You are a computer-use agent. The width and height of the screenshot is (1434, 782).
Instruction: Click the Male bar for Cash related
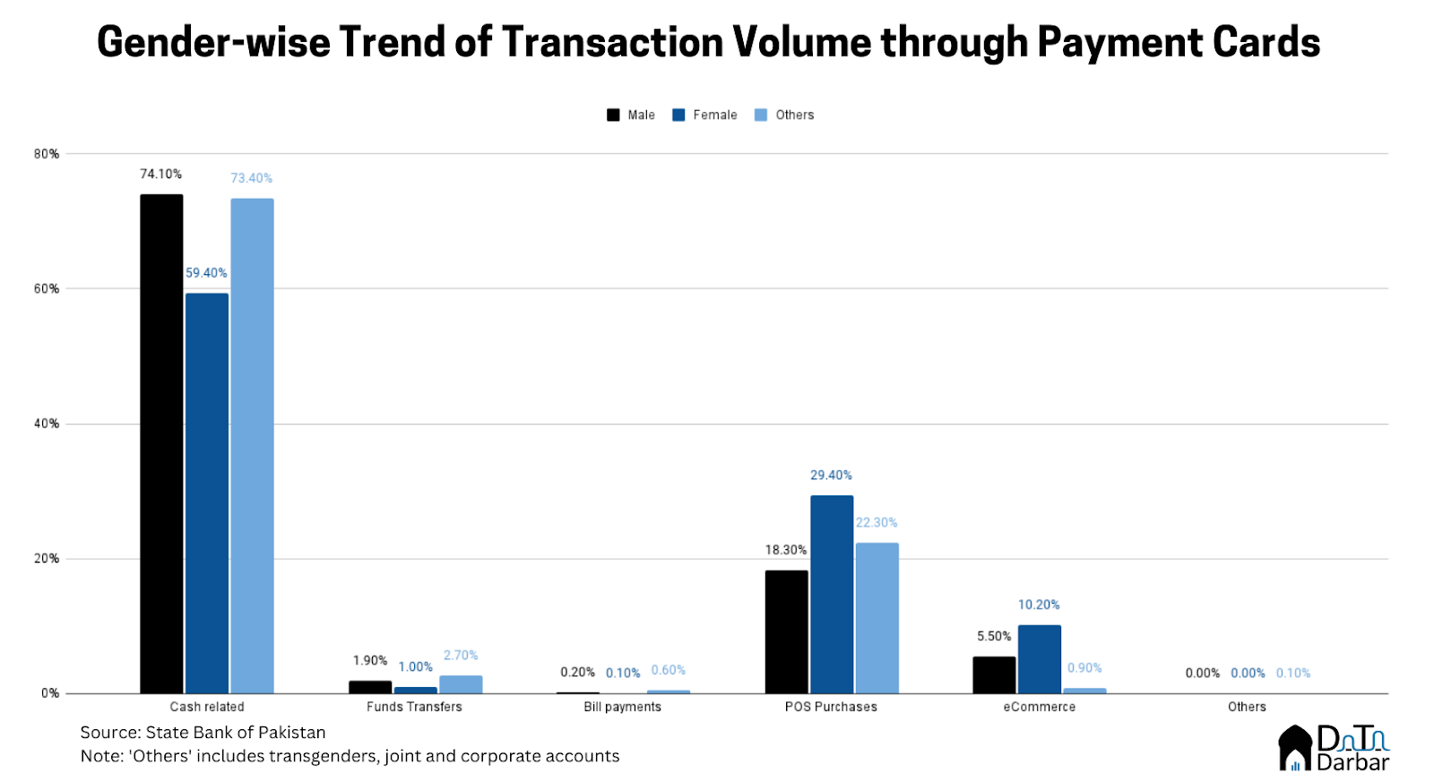tap(161, 443)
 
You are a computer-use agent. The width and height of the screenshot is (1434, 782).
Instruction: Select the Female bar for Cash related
tap(207, 493)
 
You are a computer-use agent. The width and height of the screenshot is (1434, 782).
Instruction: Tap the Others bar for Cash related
tap(252, 445)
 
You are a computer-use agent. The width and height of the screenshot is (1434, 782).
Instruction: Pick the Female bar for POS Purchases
tap(832, 594)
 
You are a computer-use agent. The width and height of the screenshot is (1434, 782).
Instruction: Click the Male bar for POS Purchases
tap(786, 632)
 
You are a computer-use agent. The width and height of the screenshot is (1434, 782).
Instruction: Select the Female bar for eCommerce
tap(1039, 658)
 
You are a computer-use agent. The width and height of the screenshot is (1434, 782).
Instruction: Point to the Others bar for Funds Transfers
tap(461, 684)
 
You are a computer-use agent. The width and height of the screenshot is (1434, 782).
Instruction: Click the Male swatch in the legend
tap(613, 115)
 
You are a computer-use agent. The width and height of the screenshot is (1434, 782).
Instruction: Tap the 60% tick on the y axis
tap(47, 288)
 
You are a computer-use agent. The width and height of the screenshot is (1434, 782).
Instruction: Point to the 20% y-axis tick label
tap(47, 559)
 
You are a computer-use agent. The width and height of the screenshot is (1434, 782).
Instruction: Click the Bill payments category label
tap(622, 707)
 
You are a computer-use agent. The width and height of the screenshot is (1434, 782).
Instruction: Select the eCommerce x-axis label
tap(1039, 707)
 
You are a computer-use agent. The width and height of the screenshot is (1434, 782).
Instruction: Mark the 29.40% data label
tap(831, 476)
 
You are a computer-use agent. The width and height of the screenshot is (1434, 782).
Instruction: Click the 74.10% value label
tap(160, 174)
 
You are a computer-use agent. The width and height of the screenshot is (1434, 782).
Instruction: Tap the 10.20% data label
tap(1039, 605)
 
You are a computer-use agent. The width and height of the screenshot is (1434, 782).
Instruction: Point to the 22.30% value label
tap(877, 523)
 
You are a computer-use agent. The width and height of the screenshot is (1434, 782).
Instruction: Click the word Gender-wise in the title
tap(213, 42)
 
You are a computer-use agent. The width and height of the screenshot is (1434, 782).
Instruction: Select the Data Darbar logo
tap(1334, 748)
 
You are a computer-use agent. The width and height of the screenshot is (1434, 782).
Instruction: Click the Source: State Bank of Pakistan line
tap(203, 733)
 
